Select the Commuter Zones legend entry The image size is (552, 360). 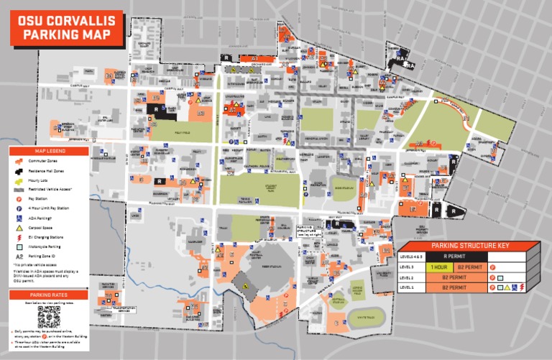[x=44, y=162]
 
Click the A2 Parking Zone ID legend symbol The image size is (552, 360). [x=17, y=255]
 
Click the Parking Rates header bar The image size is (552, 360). [x=49, y=295]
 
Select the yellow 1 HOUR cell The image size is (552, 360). [x=439, y=266]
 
